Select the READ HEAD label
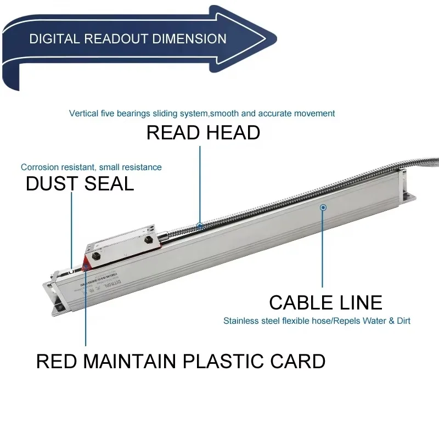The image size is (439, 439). (x=203, y=132)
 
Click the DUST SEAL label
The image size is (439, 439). (x=80, y=184)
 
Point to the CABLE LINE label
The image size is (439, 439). (x=325, y=302)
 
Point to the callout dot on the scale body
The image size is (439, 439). (x=323, y=207)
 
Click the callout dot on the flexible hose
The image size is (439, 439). (x=200, y=226)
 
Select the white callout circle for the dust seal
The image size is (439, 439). (x=72, y=270)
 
